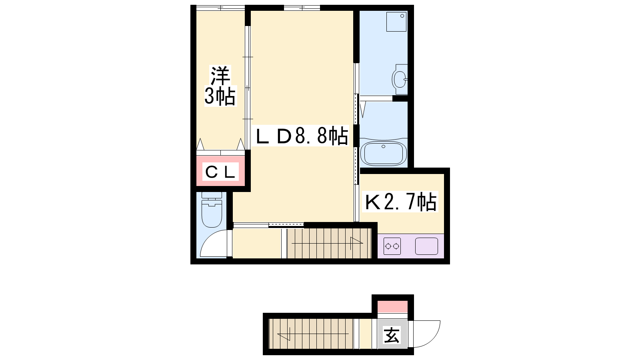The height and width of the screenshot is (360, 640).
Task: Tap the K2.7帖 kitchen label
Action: [400, 202]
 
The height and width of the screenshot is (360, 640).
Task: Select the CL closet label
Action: [220, 172]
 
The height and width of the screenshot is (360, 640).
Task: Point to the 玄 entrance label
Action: [392, 335]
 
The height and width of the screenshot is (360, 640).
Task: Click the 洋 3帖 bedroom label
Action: [220, 86]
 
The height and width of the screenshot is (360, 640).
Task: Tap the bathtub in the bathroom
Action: [384, 153]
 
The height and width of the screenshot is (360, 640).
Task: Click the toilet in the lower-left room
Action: [212, 210]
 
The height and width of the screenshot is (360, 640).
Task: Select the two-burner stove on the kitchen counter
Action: [392, 246]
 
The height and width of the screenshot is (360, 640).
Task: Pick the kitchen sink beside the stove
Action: [426, 246]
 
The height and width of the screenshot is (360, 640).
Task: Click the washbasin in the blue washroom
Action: [400, 79]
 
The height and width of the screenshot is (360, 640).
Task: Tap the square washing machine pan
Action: [396, 22]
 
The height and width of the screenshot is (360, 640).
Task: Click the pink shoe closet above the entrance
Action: [392, 306]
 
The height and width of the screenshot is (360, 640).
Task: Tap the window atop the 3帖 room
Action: [220, 8]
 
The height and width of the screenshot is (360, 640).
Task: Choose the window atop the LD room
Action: [302, 8]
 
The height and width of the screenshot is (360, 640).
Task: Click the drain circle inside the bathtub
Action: [384, 146]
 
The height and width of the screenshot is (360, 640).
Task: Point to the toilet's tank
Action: [212, 195]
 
